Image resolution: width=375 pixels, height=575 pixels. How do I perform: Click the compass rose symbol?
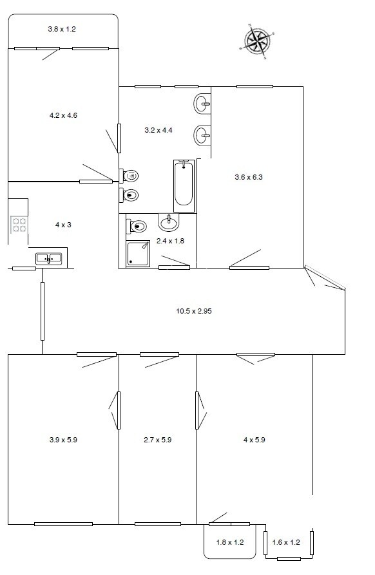258,41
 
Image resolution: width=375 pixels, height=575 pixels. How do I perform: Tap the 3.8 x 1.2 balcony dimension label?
62,29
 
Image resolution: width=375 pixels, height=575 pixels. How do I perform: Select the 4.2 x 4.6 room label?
63,115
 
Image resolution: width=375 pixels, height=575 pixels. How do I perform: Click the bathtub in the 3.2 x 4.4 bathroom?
184,185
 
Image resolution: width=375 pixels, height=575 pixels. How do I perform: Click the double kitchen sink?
49,259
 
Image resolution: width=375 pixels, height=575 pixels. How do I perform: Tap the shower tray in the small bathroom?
139,253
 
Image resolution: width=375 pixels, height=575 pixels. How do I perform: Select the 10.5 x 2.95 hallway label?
194,311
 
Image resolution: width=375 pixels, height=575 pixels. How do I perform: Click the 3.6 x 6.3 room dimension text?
249,177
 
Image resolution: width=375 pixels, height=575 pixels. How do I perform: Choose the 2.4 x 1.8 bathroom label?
170,241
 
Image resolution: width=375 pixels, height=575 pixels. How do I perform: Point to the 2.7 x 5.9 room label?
157,440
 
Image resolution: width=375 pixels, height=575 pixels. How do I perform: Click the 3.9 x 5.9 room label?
63,440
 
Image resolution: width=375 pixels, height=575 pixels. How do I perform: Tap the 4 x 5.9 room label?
255,440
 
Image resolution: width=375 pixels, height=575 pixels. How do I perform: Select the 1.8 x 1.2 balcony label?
229,542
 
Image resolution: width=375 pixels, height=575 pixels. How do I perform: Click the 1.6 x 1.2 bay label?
286,542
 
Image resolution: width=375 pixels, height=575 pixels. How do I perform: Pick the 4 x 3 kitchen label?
63,225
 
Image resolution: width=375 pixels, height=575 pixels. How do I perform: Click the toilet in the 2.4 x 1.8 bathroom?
137,226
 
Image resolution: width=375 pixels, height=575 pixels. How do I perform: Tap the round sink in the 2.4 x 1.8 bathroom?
169,223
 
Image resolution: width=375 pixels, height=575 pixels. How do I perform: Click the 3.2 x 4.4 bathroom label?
159,130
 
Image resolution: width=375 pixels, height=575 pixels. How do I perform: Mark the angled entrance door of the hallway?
325,278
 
